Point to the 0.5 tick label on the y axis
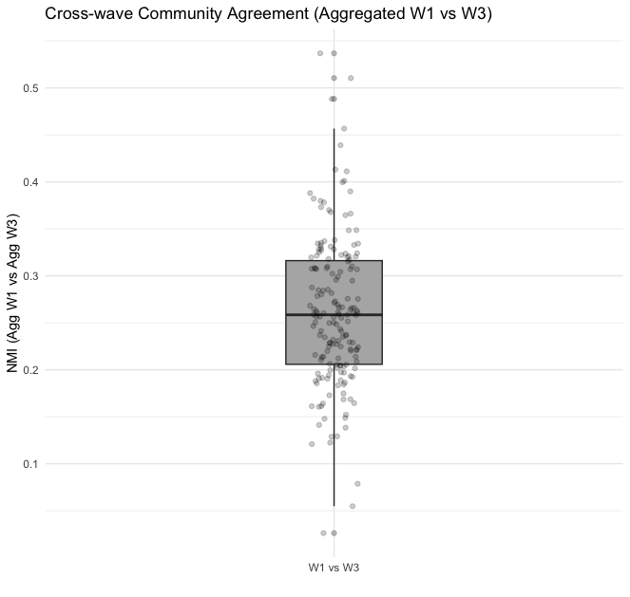(x=29, y=88)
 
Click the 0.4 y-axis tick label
(x=29, y=182)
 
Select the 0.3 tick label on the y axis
(x=29, y=276)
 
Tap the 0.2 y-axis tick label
(x=29, y=370)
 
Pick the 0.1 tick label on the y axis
(x=29, y=464)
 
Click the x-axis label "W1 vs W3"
(x=334, y=568)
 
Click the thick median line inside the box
(x=334, y=314)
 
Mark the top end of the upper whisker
(x=334, y=128)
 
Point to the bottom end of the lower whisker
(x=334, y=506)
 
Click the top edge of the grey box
(x=334, y=260)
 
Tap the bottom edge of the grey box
(x=334, y=364)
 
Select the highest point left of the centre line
(x=320, y=53)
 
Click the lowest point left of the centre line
(x=323, y=533)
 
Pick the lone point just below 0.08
(x=357, y=484)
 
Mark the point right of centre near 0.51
(x=351, y=78)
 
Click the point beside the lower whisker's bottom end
(x=353, y=507)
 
